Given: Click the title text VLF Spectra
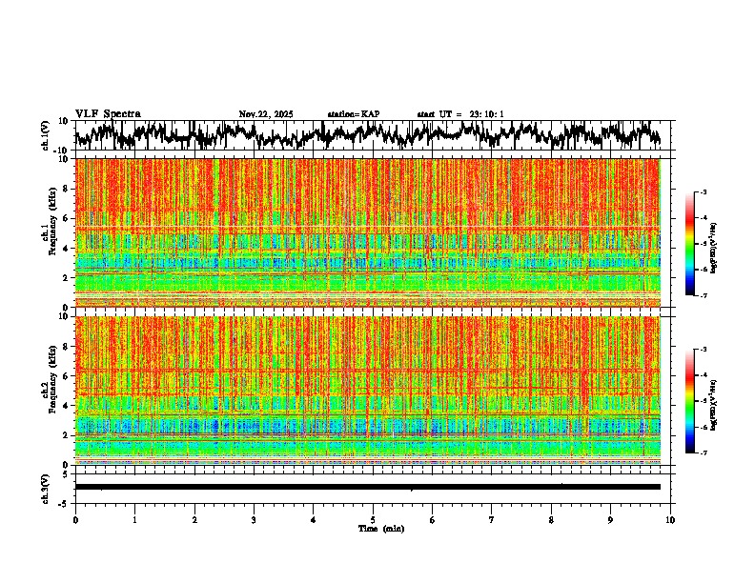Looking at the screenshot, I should (108, 114).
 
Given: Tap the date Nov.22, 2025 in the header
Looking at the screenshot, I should (266, 114).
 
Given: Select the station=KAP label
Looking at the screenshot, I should (354, 114).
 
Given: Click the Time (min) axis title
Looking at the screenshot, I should (380, 528).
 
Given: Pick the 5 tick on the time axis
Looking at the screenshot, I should (373, 520).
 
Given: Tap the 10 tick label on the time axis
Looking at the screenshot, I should (670, 520).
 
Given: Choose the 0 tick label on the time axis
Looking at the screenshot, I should (75, 520).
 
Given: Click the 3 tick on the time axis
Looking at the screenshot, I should (254, 520).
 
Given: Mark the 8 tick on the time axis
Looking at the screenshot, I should (551, 520).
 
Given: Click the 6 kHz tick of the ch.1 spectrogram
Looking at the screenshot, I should (66, 218).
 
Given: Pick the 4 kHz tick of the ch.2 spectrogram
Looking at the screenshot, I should (66, 406).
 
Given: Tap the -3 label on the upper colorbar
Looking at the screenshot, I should (703, 193).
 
